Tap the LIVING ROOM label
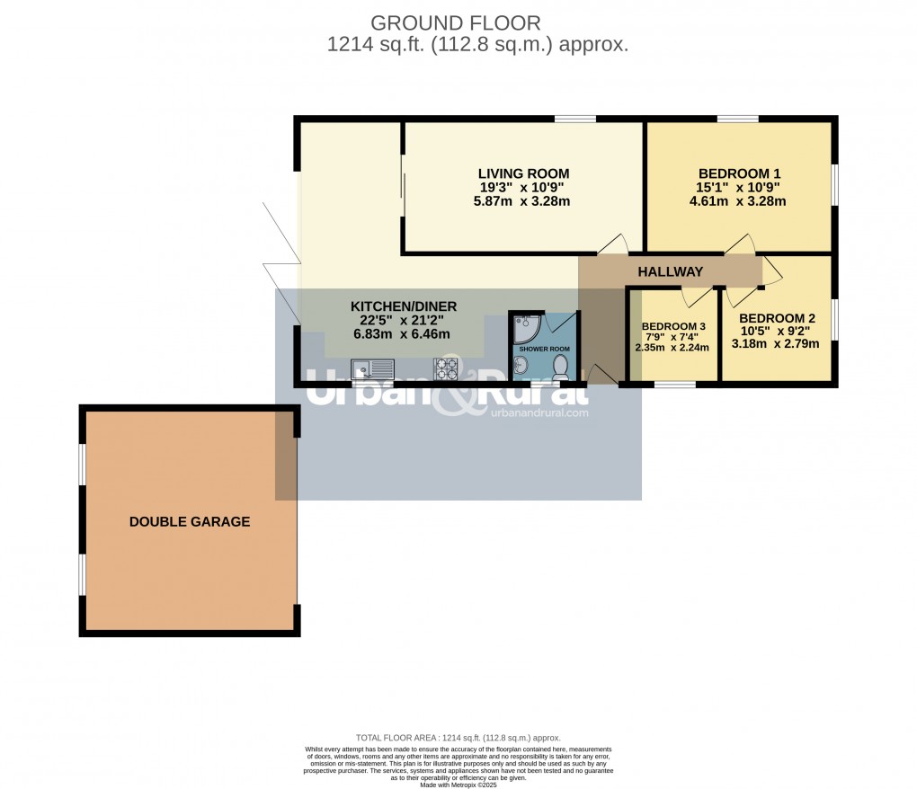[x=523, y=173]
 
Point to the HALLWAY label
[x=670, y=271]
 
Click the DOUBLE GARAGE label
[x=190, y=521]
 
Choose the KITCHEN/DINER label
[x=403, y=306]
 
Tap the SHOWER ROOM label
[x=545, y=349]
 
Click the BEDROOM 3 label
[x=673, y=326]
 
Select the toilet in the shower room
[x=560, y=365]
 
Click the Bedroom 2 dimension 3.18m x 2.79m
[x=775, y=343]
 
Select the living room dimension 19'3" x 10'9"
[x=523, y=188]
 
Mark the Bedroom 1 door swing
[x=740, y=244]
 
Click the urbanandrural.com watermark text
[x=539, y=413]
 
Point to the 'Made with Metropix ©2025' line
[x=458, y=785]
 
